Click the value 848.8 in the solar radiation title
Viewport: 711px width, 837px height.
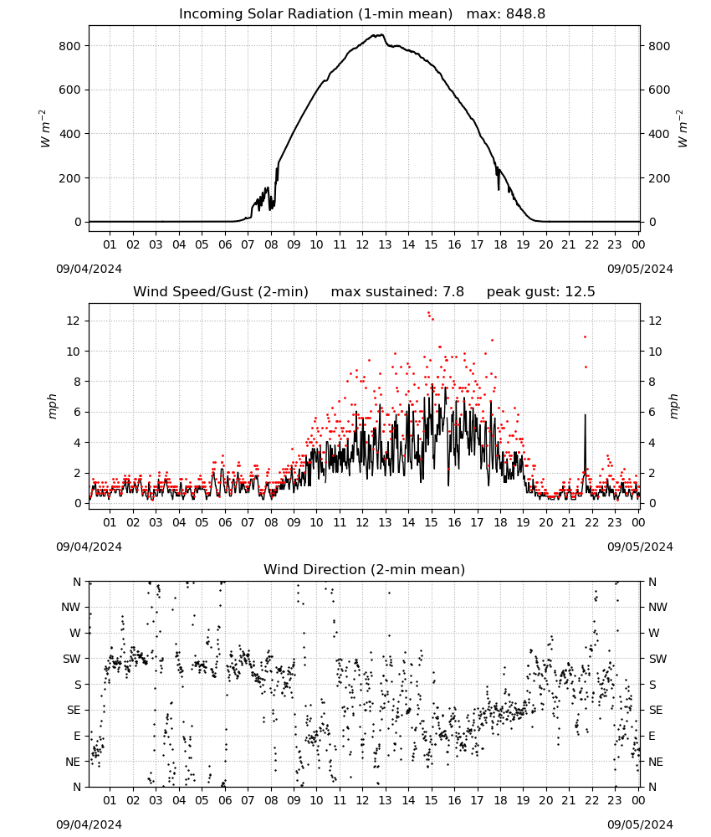[x=525, y=13]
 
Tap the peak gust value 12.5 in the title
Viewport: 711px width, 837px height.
[x=578, y=291]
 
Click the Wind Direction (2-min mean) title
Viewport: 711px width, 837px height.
[x=365, y=569]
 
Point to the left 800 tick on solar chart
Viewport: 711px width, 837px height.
[x=69, y=46]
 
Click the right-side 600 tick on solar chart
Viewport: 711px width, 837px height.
[x=659, y=90]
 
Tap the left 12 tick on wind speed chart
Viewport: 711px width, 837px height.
[x=74, y=321]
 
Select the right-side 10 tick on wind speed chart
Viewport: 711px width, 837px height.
[x=655, y=352]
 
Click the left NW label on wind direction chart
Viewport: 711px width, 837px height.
[x=71, y=607]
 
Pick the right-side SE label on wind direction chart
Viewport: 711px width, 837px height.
[x=656, y=710]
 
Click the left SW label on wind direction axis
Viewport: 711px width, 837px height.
[x=71, y=659]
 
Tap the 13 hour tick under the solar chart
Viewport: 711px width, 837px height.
[x=385, y=244]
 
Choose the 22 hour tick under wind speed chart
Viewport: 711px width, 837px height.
[x=591, y=522]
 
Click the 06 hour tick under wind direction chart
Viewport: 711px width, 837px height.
[x=224, y=800]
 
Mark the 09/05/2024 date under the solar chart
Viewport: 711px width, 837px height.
[x=640, y=269]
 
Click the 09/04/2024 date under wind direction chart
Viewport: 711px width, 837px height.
[x=89, y=824]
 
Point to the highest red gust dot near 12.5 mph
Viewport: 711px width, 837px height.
[x=428, y=313]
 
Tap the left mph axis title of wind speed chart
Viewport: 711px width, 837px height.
[x=52, y=406]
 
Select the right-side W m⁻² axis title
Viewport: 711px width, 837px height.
[x=683, y=129]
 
